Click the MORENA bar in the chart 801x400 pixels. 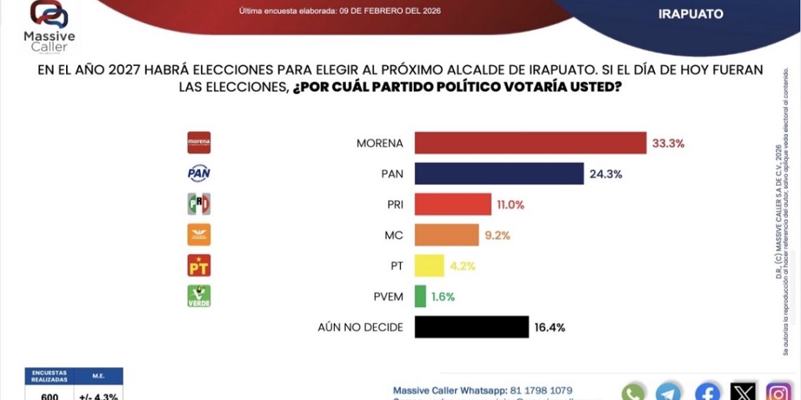click(530, 142)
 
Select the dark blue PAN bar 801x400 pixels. click(499, 173)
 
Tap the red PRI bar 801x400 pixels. click(452, 204)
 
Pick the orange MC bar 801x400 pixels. click(446, 235)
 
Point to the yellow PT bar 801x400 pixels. click(429, 265)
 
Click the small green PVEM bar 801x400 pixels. click(420, 296)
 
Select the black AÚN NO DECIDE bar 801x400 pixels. click(471, 327)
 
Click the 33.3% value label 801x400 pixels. click(667, 143)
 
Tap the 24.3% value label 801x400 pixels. click(605, 174)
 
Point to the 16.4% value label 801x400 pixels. click(549, 327)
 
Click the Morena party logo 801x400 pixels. click(199, 142)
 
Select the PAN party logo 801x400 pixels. click(199, 173)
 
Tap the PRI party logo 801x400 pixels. click(199, 204)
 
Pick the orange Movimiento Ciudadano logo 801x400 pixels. click(199, 235)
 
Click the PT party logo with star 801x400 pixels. click(199, 265)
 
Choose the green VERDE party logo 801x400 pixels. click(199, 296)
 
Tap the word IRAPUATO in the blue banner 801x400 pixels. click(691, 14)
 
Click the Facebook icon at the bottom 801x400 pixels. click(707, 392)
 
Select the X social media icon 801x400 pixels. click(743, 392)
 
